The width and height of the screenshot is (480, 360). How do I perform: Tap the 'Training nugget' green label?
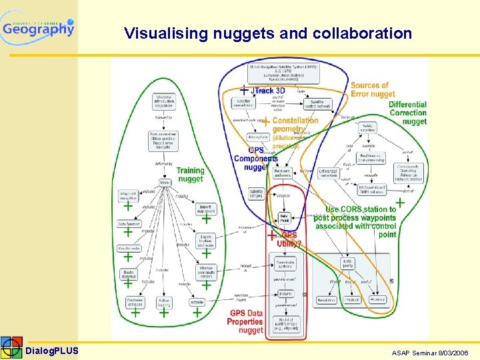190,175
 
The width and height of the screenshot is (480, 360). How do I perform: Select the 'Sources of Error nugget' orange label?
373,89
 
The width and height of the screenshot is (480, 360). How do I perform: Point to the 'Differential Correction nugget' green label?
407,113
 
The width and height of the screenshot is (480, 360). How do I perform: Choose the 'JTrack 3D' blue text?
270,91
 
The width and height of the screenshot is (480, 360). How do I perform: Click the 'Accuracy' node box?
377,300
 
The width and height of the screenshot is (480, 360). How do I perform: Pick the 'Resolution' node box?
326,300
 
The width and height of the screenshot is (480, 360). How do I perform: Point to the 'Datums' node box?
285,293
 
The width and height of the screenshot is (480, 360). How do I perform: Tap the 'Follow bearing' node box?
164,303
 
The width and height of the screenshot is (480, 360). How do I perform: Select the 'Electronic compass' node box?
135,303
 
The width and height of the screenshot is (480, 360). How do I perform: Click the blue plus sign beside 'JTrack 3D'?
245,89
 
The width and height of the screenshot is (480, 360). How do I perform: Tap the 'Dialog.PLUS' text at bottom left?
52,351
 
